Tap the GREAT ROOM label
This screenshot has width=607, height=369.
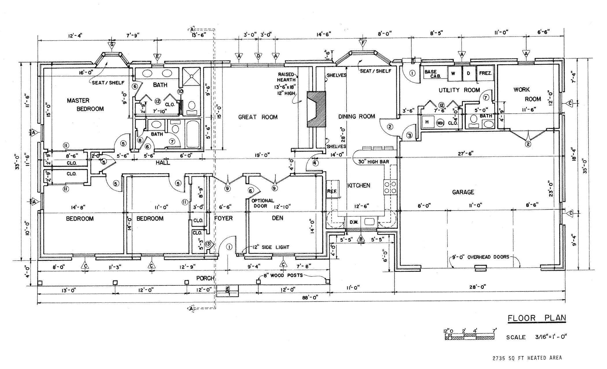pos(258,117)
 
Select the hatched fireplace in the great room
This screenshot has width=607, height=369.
pos(316,109)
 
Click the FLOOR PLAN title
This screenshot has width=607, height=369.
pos(537,318)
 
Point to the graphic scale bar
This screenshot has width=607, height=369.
pos(469,337)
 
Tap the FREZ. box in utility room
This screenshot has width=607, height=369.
pos(486,73)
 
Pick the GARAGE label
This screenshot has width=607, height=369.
pos(463,192)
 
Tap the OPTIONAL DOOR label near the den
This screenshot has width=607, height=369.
pos(263,203)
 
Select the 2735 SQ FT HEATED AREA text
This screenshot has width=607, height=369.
pos(527,358)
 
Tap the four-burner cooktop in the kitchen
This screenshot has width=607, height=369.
pos(390,187)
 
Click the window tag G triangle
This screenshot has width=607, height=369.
pos(111,45)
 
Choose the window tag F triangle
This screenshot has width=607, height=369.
pos(363,44)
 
